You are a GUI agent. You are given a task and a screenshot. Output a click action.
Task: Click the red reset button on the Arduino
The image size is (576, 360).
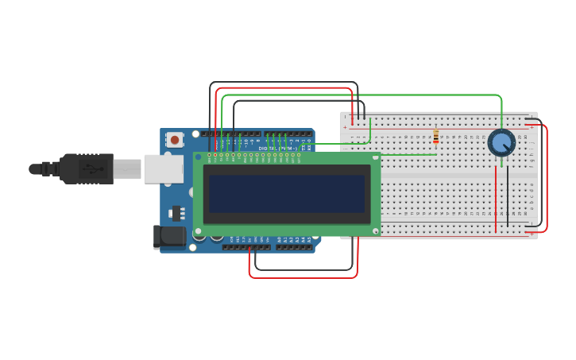[x=175, y=140]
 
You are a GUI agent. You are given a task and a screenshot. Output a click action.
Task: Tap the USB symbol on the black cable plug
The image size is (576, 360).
[x=94, y=168]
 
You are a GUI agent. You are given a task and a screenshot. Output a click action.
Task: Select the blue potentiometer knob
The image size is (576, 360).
[x=501, y=143]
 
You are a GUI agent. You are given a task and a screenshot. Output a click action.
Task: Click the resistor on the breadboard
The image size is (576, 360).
[x=435, y=137]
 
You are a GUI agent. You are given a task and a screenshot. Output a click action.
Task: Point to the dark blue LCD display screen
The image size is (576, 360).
[x=286, y=193]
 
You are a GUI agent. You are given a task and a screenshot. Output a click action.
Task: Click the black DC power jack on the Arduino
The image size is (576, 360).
[x=168, y=236]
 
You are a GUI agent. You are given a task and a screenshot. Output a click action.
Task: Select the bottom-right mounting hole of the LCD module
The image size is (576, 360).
[x=375, y=230]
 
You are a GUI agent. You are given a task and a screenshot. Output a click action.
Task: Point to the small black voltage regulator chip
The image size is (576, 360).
[x=176, y=213]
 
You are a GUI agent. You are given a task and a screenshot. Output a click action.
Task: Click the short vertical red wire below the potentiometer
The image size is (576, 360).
[x=496, y=199]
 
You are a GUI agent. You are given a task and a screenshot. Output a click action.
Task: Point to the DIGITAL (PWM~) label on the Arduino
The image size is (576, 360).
[x=278, y=148]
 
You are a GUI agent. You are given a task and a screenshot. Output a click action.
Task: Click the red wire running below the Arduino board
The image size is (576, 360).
[x=302, y=277]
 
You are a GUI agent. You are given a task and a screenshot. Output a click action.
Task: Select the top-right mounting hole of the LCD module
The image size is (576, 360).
[x=375, y=157]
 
